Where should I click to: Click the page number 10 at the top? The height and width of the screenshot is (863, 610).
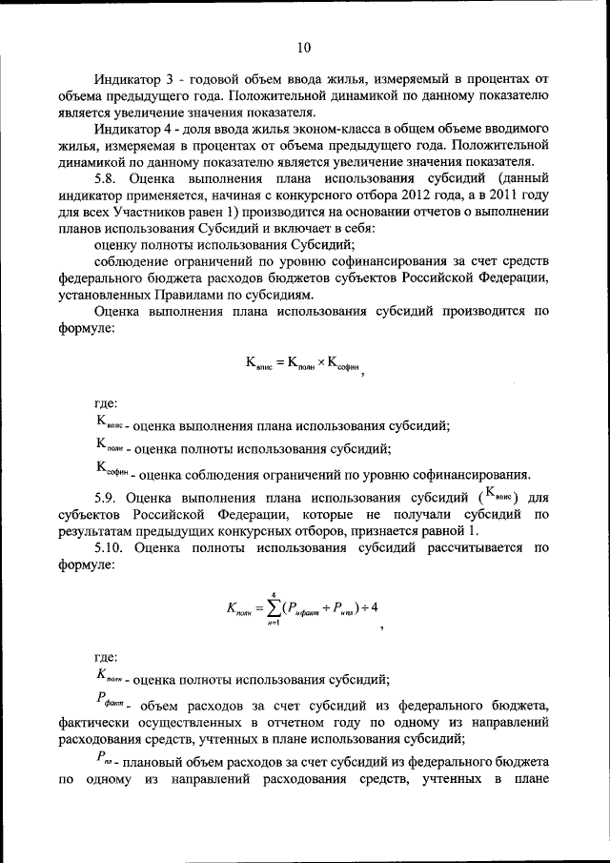coord(304,47)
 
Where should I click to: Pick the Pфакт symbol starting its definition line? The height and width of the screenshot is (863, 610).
coord(110,704)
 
